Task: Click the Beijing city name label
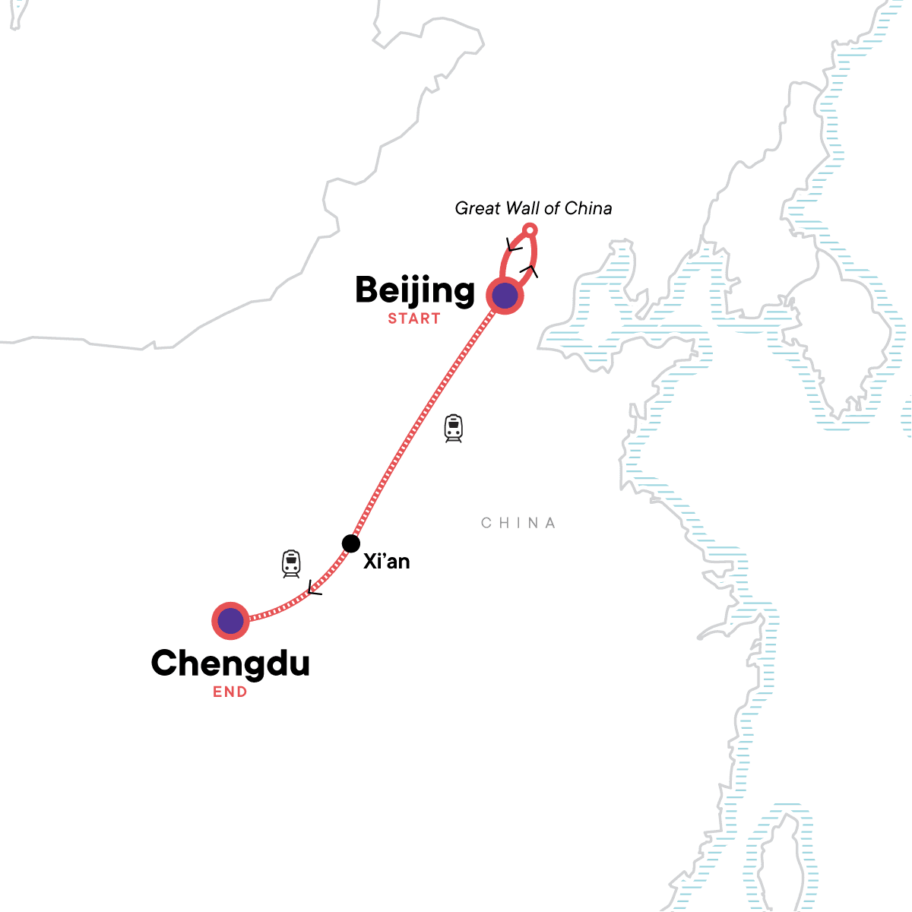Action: point(414,291)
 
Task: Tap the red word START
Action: point(414,318)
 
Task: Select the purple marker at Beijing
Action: point(505,296)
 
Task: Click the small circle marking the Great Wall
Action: point(531,230)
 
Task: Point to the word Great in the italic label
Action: point(477,208)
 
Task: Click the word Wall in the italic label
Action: point(527,208)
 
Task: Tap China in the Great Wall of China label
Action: point(589,208)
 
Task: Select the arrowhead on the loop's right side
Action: point(530,271)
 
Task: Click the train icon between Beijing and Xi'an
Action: point(454,429)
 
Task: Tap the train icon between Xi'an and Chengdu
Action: point(291,564)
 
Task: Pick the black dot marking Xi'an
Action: point(350,543)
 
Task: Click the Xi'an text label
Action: point(386,562)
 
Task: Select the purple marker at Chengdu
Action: point(230,622)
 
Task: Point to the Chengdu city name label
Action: point(230,663)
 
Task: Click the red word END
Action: point(230,692)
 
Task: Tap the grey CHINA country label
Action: point(519,523)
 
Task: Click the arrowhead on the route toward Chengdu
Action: point(313,589)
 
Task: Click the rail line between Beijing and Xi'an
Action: point(426,418)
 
